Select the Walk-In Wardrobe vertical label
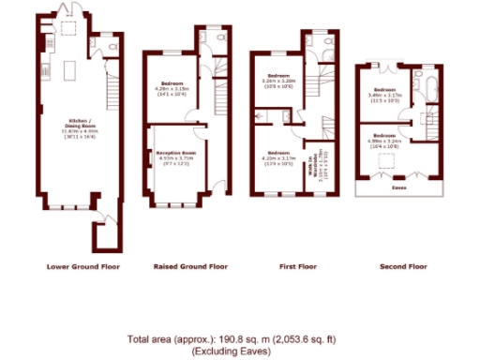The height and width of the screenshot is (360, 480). coord(315,166)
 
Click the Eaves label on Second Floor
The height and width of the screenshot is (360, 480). coord(397,187)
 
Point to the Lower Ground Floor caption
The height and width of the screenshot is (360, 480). coord(83,266)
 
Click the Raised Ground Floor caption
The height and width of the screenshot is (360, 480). coord(190,266)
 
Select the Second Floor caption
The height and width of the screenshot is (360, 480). coord(403,266)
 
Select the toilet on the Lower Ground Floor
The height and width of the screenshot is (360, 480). coord(111,45)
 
